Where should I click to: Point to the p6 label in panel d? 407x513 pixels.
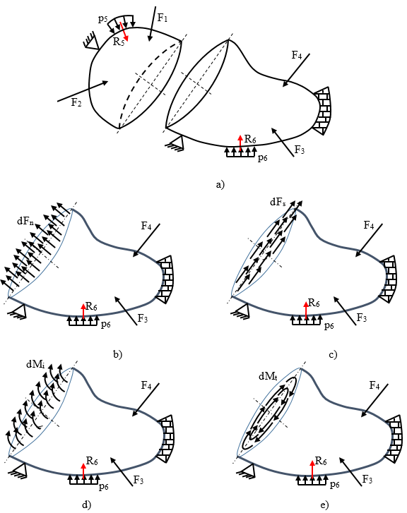(104, 486)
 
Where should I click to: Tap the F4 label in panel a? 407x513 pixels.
(297, 54)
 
